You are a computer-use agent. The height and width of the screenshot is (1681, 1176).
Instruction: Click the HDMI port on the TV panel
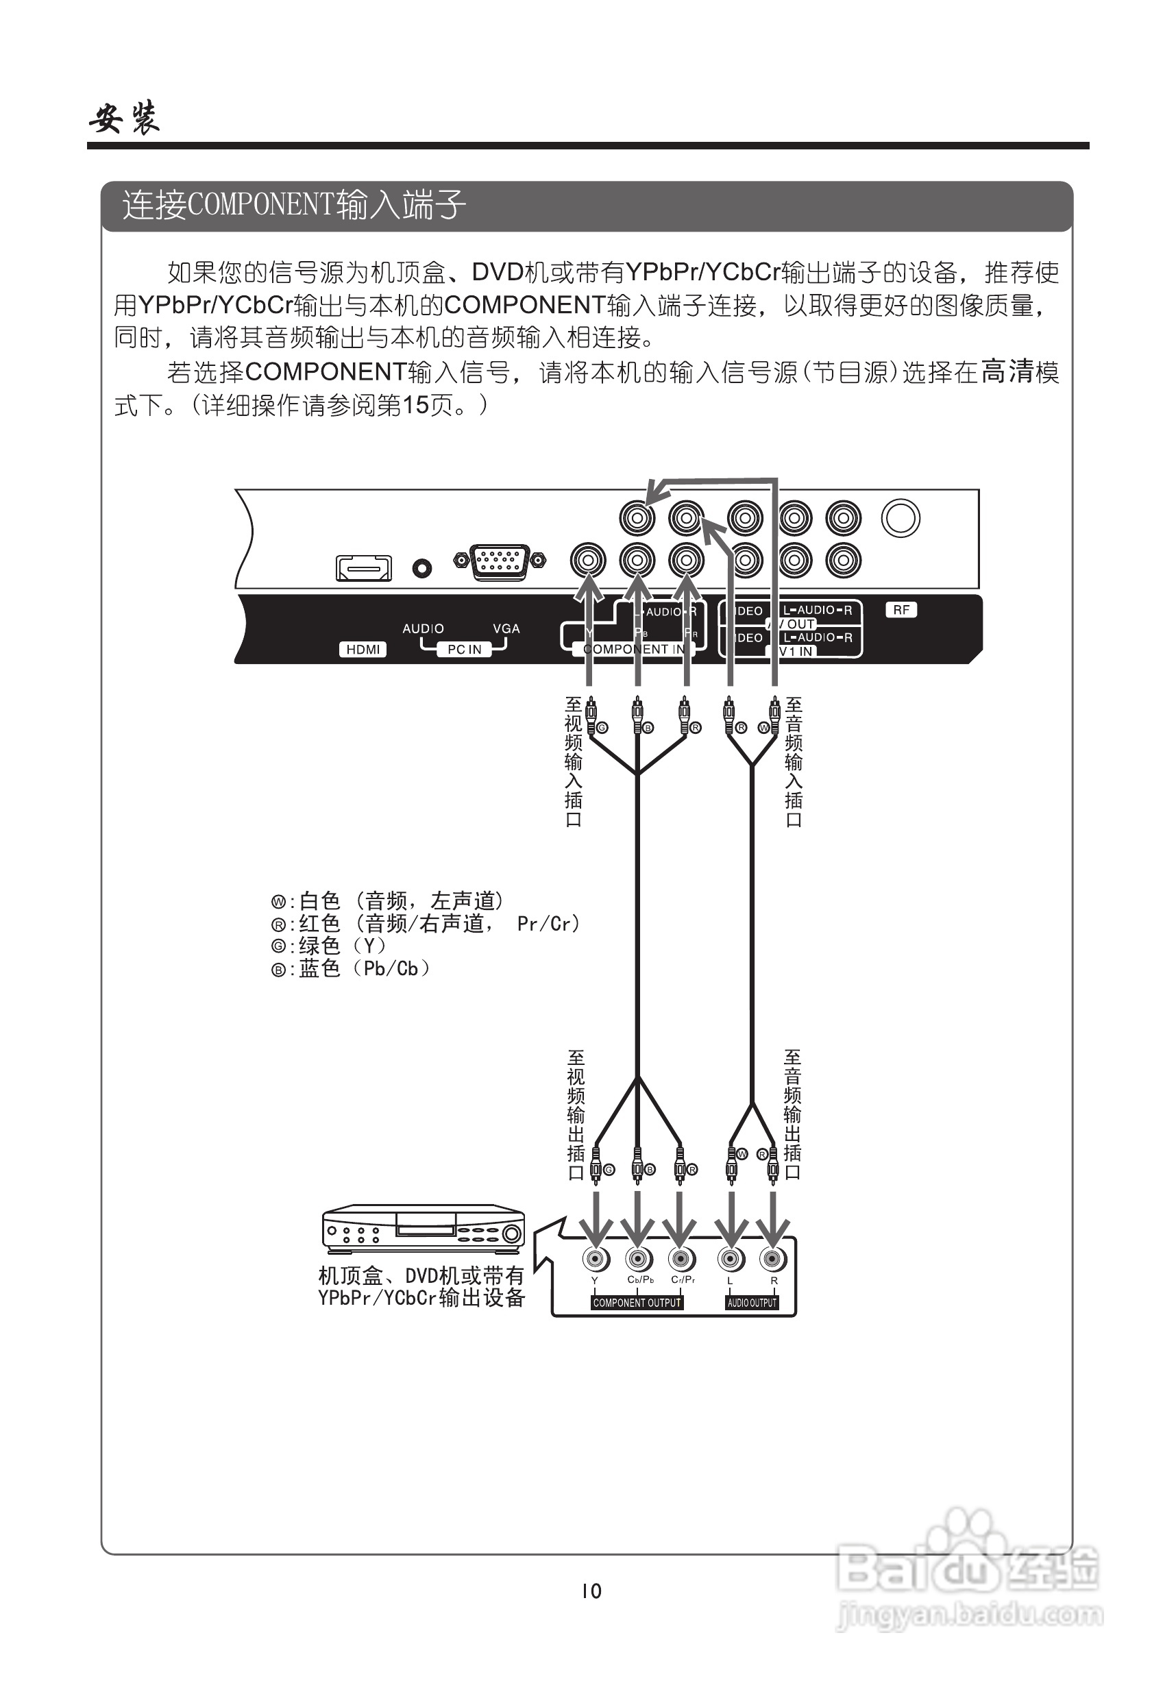[363, 568]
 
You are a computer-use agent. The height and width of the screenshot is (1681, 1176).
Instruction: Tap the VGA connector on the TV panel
[500, 561]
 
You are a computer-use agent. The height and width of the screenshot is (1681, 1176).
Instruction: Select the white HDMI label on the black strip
[363, 650]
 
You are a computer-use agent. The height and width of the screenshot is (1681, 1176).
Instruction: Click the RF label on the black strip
[901, 610]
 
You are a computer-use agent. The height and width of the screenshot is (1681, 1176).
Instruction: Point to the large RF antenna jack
[900, 518]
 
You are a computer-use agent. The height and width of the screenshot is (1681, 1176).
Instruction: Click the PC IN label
[464, 650]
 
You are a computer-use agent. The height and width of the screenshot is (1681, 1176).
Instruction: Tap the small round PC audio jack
[421, 568]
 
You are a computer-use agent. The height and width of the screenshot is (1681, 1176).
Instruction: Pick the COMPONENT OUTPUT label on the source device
[637, 1303]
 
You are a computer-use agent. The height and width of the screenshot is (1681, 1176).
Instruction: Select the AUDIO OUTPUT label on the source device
[752, 1303]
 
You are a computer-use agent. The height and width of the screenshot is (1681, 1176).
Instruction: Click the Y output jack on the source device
[596, 1260]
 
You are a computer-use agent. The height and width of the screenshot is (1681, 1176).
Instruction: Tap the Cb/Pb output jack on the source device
[639, 1260]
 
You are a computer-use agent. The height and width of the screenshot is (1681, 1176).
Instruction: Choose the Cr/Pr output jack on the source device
[682, 1260]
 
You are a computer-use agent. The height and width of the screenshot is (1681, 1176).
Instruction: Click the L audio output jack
[730, 1260]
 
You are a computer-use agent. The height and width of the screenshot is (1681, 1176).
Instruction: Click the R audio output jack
[772, 1260]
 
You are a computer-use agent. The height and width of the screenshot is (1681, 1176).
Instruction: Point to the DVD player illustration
[424, 1229]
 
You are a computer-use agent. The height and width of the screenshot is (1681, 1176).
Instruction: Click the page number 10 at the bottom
[591, 1591]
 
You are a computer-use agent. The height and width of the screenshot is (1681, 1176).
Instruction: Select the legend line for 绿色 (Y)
[329, 946]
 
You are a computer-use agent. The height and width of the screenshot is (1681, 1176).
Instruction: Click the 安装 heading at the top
[125, 119]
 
